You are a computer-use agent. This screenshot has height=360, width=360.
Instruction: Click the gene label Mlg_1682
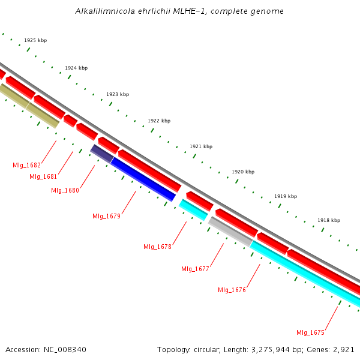[26, 165]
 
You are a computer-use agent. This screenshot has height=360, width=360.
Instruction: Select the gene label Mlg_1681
[43, 176]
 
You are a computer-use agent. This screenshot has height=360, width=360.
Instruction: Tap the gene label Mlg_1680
[65, 190]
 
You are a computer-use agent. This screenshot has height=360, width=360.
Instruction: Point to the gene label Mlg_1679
[106, 216]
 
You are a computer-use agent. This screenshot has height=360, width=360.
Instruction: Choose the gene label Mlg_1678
[157, 247]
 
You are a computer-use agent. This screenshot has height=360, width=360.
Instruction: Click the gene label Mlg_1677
[195, 269]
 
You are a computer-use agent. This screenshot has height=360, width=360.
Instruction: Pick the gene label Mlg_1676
[232, 290]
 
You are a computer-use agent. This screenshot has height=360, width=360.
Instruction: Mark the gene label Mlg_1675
[310, 332]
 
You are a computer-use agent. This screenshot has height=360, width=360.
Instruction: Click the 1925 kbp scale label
[35, 41]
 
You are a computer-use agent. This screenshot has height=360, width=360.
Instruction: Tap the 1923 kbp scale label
[118, 94]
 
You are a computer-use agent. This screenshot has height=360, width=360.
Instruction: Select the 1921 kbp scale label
[201, 146]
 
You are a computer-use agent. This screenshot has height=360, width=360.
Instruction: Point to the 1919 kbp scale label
[286, 196]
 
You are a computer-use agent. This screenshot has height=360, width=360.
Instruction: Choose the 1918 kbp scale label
[329, 220]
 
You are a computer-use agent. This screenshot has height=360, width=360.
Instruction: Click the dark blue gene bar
[143, 179]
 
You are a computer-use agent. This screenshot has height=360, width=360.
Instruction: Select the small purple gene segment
[101, 153]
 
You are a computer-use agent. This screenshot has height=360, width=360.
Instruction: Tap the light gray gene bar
[230, 232]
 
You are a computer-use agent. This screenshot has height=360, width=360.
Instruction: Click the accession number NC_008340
[65, 349]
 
